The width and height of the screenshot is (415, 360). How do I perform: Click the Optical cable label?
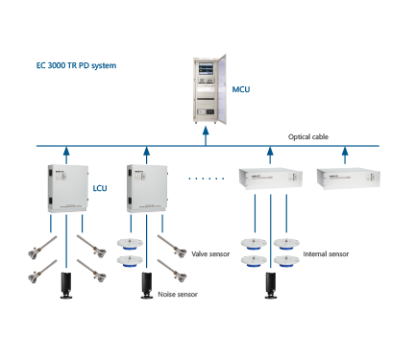[308, 137]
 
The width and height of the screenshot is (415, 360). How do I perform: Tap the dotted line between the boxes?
[200, 180]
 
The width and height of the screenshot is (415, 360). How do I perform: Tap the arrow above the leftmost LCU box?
[66, 153]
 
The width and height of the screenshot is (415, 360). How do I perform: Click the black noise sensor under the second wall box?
[145, 287]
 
